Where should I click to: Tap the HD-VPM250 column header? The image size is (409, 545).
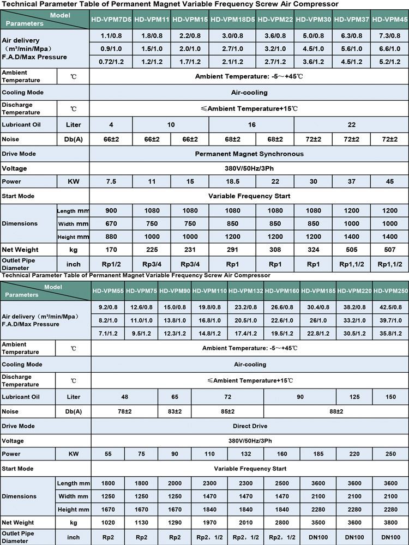click(x=390, y=291)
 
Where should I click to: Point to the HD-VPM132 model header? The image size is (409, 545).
click(x=246, y=291)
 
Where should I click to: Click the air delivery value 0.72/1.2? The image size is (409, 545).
click(x=111, y=62)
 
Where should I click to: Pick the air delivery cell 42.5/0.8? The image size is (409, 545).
click(x=390, y=307)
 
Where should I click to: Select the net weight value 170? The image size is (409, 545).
click(x=111, y=250)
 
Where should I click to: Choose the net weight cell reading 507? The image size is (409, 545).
click(x=390, y=250)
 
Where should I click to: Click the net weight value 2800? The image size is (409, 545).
click(x=282, y=522)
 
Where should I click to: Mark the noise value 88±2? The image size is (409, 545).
click(x=318, y=411)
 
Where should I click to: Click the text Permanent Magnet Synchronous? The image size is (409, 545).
click(x=249, y=154)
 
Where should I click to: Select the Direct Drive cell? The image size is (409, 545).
click(x=249, y=426)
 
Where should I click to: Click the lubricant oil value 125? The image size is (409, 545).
click(x=354, y=397)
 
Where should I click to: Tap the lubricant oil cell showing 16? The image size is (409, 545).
click(x=251, y=125)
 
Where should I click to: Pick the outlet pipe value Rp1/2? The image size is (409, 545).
click(x=111, y=264)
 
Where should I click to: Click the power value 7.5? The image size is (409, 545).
click(x=111, y=181)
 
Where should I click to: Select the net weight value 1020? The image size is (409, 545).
click(x=108, y=522)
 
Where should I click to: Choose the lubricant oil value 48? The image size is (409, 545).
click(x=124, y=397)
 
